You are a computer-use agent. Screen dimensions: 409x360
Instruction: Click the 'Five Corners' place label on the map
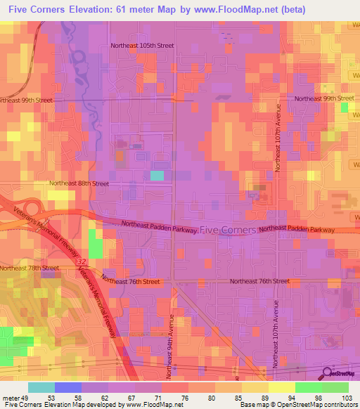click(228, 230)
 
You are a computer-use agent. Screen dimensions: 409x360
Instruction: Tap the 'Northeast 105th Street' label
click(142, 46)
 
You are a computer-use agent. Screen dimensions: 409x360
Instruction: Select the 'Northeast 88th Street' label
click(79, 183)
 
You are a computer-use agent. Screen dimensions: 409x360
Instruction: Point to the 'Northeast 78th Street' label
click(30, 268)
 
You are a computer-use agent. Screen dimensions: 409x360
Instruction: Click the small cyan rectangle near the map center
click(157, 176)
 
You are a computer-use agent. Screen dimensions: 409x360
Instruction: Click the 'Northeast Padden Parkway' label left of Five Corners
click(158, 226)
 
